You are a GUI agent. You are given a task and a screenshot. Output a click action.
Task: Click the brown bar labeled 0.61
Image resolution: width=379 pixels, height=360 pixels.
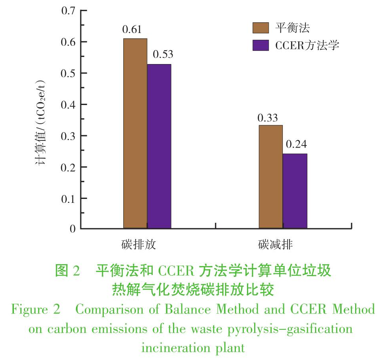click(135, 133)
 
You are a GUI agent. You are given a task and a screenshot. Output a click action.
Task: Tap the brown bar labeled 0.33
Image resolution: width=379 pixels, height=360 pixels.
click(270, 177)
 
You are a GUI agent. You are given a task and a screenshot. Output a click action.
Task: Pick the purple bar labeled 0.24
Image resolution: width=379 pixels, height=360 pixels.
click(295, 191)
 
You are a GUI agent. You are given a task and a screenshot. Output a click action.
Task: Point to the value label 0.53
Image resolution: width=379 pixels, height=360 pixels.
click(163, 55)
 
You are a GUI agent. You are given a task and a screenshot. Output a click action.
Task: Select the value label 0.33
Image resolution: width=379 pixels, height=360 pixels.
click(268, 118)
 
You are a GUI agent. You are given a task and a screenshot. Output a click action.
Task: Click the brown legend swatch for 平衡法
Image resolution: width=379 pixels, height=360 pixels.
click(261, 28)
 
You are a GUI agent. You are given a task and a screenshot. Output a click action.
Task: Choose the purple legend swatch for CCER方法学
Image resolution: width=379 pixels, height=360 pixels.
click(261, 45)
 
